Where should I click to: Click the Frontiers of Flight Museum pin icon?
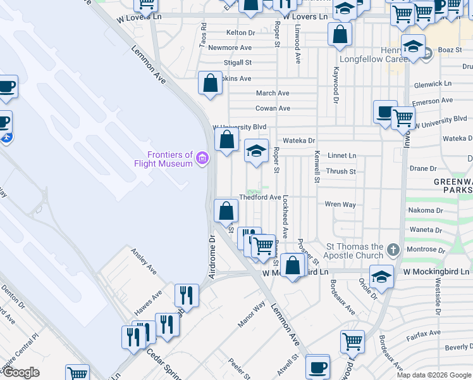coord(202,158)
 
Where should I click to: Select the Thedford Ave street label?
coord(264,198)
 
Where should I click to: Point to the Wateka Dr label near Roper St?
coord(298,140)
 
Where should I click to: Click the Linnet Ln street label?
coord(342,155)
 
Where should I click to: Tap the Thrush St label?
coord(341,171)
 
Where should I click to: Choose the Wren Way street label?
coord(340,205)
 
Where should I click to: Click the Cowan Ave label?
coord(273,108)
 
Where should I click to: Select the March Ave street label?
coord(273,93)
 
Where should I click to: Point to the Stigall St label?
coord(238,63)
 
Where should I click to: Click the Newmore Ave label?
coord(230,47)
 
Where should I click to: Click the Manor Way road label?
coord(251,314)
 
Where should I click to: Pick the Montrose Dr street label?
coord(422,249)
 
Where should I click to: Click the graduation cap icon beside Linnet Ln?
coord(256,151)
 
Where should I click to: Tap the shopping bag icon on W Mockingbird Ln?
coord(293,266)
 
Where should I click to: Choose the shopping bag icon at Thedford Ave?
coord(226,211)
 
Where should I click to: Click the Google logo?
coord(20,372)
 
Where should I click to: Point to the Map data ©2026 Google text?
coord(433,375)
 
